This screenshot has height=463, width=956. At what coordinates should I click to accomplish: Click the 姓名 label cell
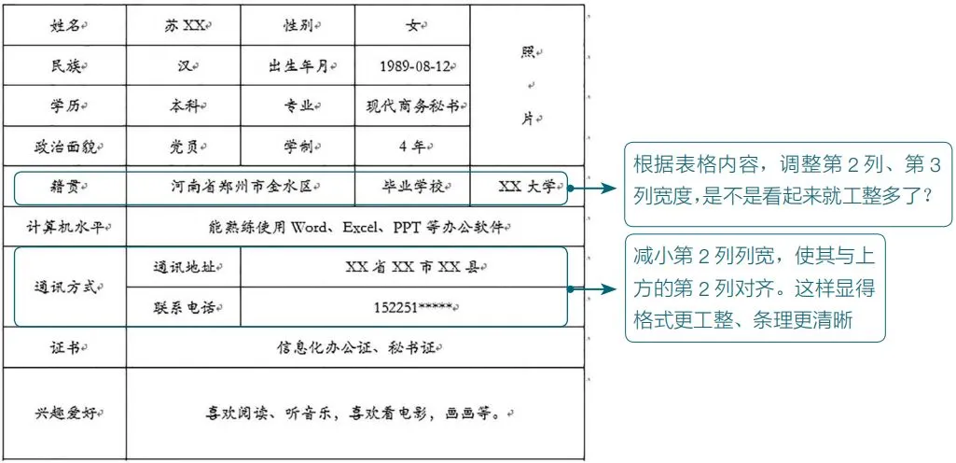64,25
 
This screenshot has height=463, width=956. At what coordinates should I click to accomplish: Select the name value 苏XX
183,25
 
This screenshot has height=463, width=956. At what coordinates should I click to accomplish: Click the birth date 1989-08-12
415,66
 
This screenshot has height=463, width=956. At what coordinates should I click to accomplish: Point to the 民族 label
64,66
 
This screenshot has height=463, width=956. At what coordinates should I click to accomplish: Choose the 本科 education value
183,106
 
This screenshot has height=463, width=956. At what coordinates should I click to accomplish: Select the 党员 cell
183,147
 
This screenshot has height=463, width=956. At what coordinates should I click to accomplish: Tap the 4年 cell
411,147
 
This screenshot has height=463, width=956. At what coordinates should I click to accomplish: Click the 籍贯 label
64,187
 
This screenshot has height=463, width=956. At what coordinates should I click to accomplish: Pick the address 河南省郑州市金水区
240,187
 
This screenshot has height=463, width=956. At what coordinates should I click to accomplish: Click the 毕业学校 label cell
412,187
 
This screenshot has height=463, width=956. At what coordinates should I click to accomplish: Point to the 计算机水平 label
64,227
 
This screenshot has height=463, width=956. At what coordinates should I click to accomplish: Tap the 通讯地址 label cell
183,267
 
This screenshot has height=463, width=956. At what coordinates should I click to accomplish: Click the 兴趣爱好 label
64,413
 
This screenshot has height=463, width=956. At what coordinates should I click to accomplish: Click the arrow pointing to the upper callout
597,189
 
